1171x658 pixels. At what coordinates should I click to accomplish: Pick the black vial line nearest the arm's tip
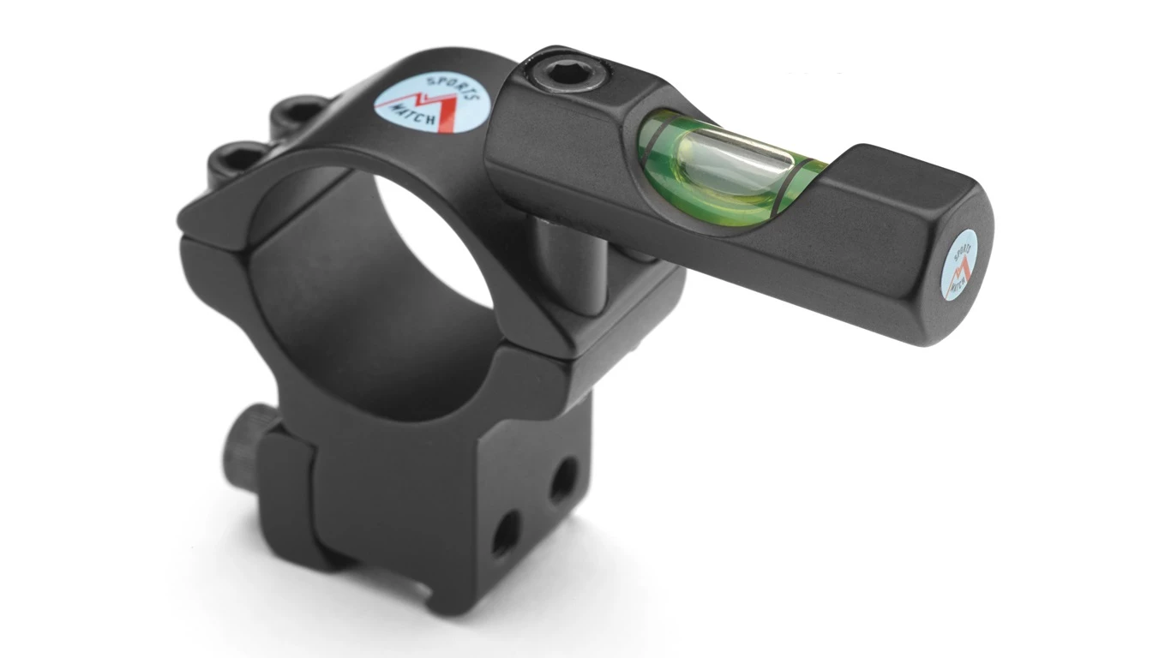(x=790, y=184)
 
